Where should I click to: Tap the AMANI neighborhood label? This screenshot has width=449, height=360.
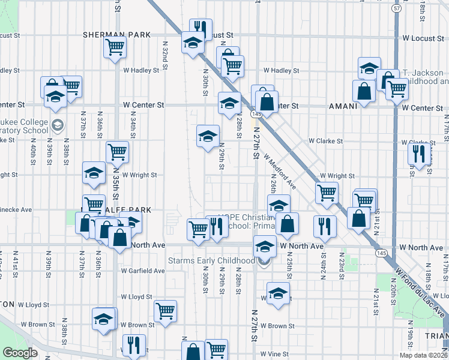(343, 106)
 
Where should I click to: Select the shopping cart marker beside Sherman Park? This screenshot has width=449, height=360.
(115, 47)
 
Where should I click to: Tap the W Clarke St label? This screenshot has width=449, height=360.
(325, 142)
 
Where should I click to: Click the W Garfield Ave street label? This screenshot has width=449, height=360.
(142, 271)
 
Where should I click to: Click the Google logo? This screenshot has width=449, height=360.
(20, 353)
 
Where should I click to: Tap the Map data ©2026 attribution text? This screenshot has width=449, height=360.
(423, 356)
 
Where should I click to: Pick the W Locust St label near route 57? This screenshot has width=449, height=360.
(422, 38)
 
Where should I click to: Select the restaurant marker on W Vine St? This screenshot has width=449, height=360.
(132, 344)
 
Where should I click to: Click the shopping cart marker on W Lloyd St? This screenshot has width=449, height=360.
(165, 310)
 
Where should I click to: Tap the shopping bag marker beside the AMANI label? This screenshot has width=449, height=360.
(364, 91)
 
